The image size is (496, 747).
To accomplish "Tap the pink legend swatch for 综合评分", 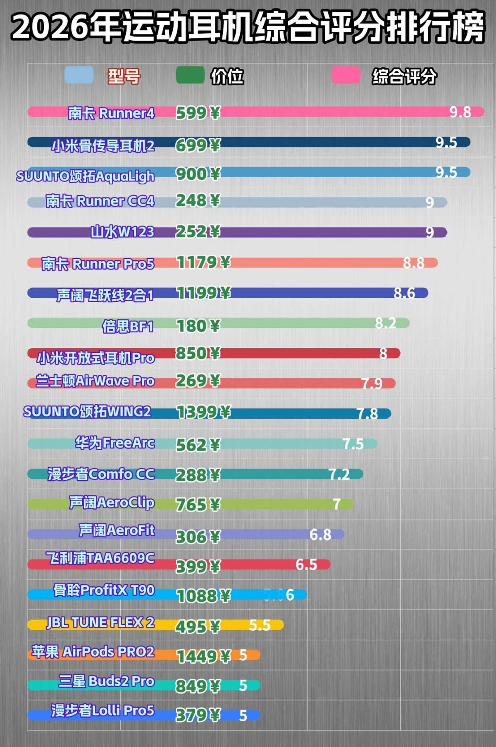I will coord(346,75).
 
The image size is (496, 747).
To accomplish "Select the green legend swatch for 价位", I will coord(190,75).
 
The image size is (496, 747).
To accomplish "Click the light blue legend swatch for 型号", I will coord(79,75).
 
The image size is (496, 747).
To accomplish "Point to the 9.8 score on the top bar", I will coord(460,112).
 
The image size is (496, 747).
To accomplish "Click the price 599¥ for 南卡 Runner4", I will coord(198,113).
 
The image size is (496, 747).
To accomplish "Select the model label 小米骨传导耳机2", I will coord(103,145).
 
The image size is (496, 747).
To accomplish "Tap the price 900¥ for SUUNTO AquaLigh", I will coord(198,174).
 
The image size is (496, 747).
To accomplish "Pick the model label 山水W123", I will coord(122,232).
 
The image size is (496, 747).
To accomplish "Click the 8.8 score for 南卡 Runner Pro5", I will coord(413,263).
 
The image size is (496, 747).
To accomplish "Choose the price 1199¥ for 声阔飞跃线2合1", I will coord(203,293).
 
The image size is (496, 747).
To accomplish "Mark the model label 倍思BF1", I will coord(128,326).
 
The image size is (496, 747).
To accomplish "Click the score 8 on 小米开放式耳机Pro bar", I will coord(383,353).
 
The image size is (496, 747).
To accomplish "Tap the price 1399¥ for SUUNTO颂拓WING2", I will coord(203,412).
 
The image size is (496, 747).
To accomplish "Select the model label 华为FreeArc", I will coord(115,443).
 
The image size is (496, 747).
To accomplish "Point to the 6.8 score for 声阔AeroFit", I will coord(320,535).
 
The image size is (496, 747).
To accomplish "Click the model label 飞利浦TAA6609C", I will coord(100,558).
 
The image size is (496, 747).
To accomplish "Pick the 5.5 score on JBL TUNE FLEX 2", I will coord(260,625).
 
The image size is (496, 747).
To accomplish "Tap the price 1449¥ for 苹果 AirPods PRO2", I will coord(203,656).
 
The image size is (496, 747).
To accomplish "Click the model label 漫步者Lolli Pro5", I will coord(103,711).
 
